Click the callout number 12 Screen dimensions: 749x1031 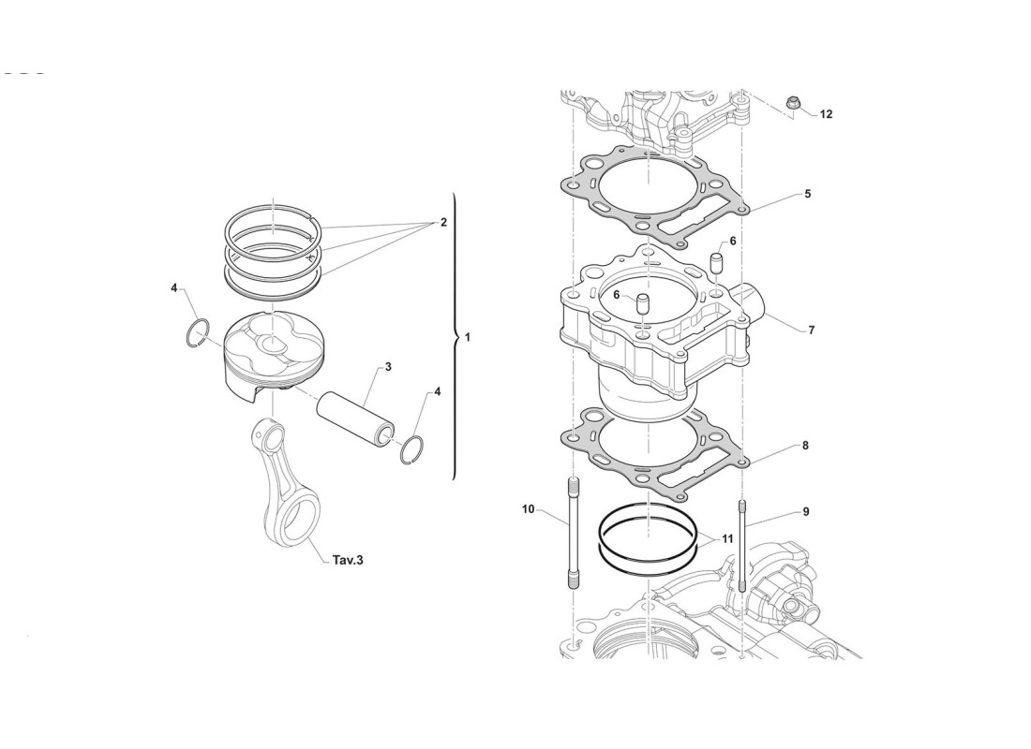(x=826, y=114)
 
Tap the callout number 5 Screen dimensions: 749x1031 (x=807, y=194)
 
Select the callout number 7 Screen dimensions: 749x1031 (x=812, y=330)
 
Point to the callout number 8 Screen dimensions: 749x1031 (x=805, y=447)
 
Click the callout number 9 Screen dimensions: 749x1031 (x=805, y=512)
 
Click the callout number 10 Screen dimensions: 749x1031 (x=528, y=509)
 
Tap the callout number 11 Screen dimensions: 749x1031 (x=727, y=539)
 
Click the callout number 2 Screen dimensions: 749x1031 (x=442, y=223)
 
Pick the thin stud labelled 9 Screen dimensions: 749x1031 (x=742, y=548)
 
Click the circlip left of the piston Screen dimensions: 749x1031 (x=197, y=332)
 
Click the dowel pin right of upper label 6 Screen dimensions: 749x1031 (x=717, y=261)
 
